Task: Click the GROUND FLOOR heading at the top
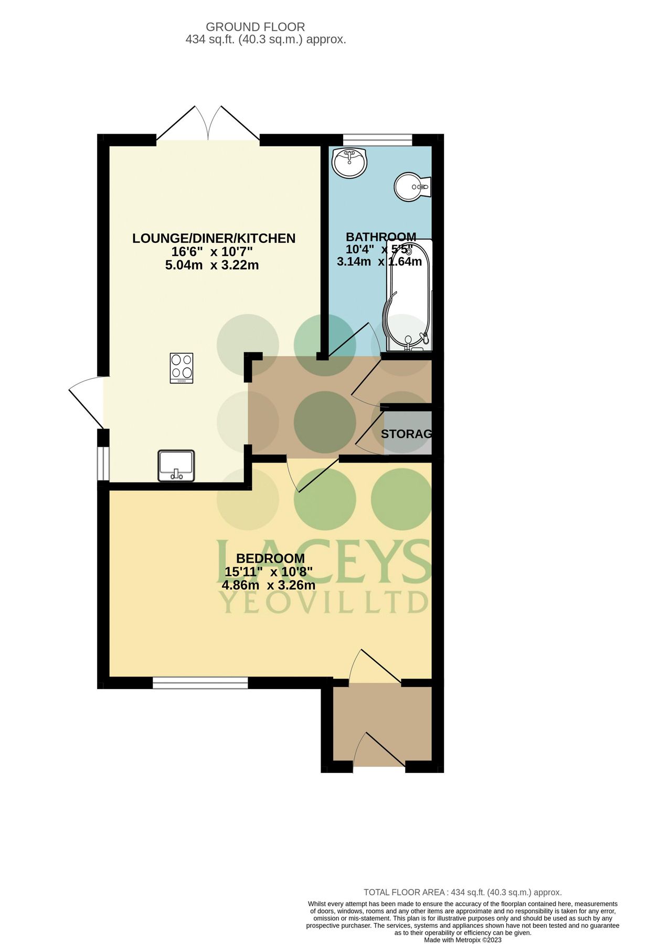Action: point(255,27)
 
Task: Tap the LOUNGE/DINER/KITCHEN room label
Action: point(214,239)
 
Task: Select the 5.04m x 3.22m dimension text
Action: point(211,265)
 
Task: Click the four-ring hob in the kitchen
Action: point(182,368)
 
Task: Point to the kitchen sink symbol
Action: point(176,465)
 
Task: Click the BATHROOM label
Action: point(381,237)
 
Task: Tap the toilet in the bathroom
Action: point(412,187)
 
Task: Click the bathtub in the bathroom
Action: point(409,296)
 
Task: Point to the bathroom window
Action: point(378,140)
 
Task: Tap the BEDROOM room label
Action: point(270,559)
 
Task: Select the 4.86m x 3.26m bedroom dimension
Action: point(269,585)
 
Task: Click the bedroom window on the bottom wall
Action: point(200,682)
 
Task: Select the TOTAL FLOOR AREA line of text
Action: point(462,892)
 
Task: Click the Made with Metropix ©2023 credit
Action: point(462,940)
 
